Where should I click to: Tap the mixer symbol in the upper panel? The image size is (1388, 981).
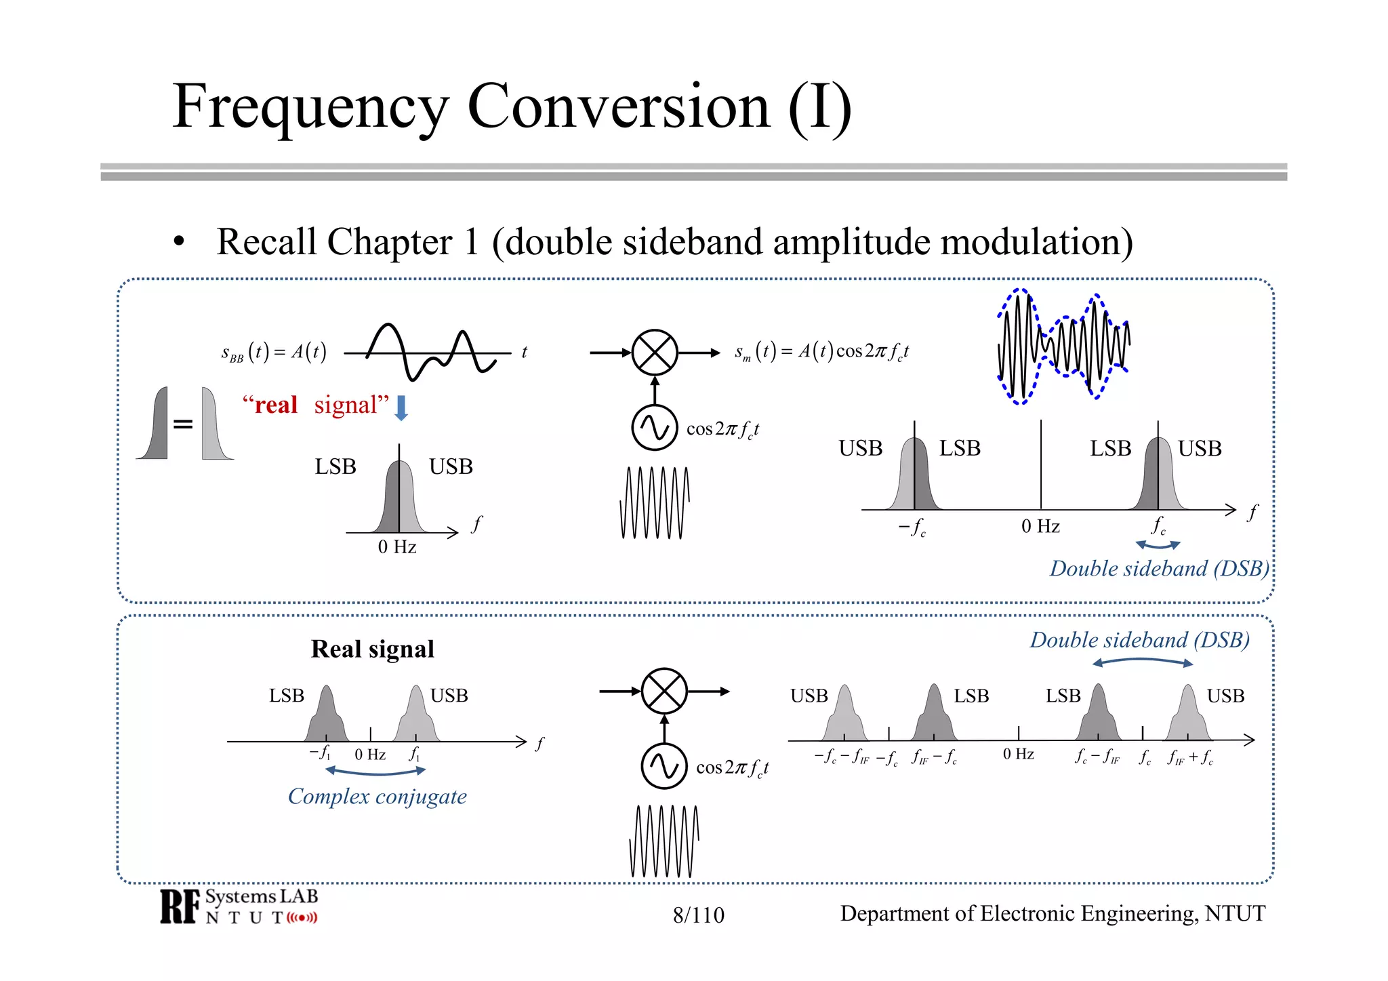(x=654, y=353)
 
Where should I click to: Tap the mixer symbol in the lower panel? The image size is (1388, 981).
(x=664, y=692)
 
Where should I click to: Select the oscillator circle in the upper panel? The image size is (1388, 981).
(x=654, y=428)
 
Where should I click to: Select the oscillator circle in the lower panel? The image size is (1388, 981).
(x=664, y=766)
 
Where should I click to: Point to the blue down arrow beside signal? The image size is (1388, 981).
(x=401, y=407)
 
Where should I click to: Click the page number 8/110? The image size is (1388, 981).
(x=698, y=915)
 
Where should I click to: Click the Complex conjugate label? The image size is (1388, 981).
(x=377, y=796)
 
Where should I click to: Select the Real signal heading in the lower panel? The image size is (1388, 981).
(x=372, y=649)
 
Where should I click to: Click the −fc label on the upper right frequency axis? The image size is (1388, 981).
(x=912, y=527)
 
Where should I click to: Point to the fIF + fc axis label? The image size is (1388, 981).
(x=1190, y=757)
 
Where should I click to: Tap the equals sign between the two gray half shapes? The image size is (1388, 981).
(x=183, y=424)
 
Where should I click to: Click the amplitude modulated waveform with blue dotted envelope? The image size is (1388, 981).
(x=1063, y=346)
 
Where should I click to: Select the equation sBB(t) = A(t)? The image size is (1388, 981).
(x=274, y=352)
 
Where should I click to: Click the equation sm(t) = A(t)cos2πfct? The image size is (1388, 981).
(x=821, y=351)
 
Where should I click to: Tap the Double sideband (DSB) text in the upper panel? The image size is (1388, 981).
(x=1159, y=568)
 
